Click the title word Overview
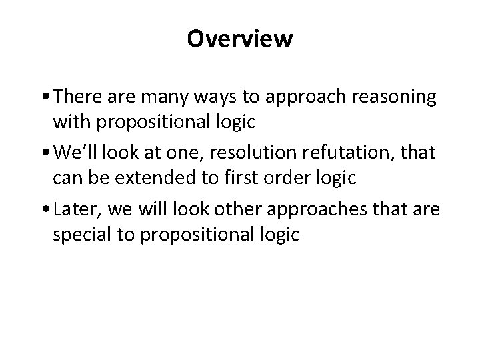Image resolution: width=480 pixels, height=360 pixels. click(239, 39)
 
